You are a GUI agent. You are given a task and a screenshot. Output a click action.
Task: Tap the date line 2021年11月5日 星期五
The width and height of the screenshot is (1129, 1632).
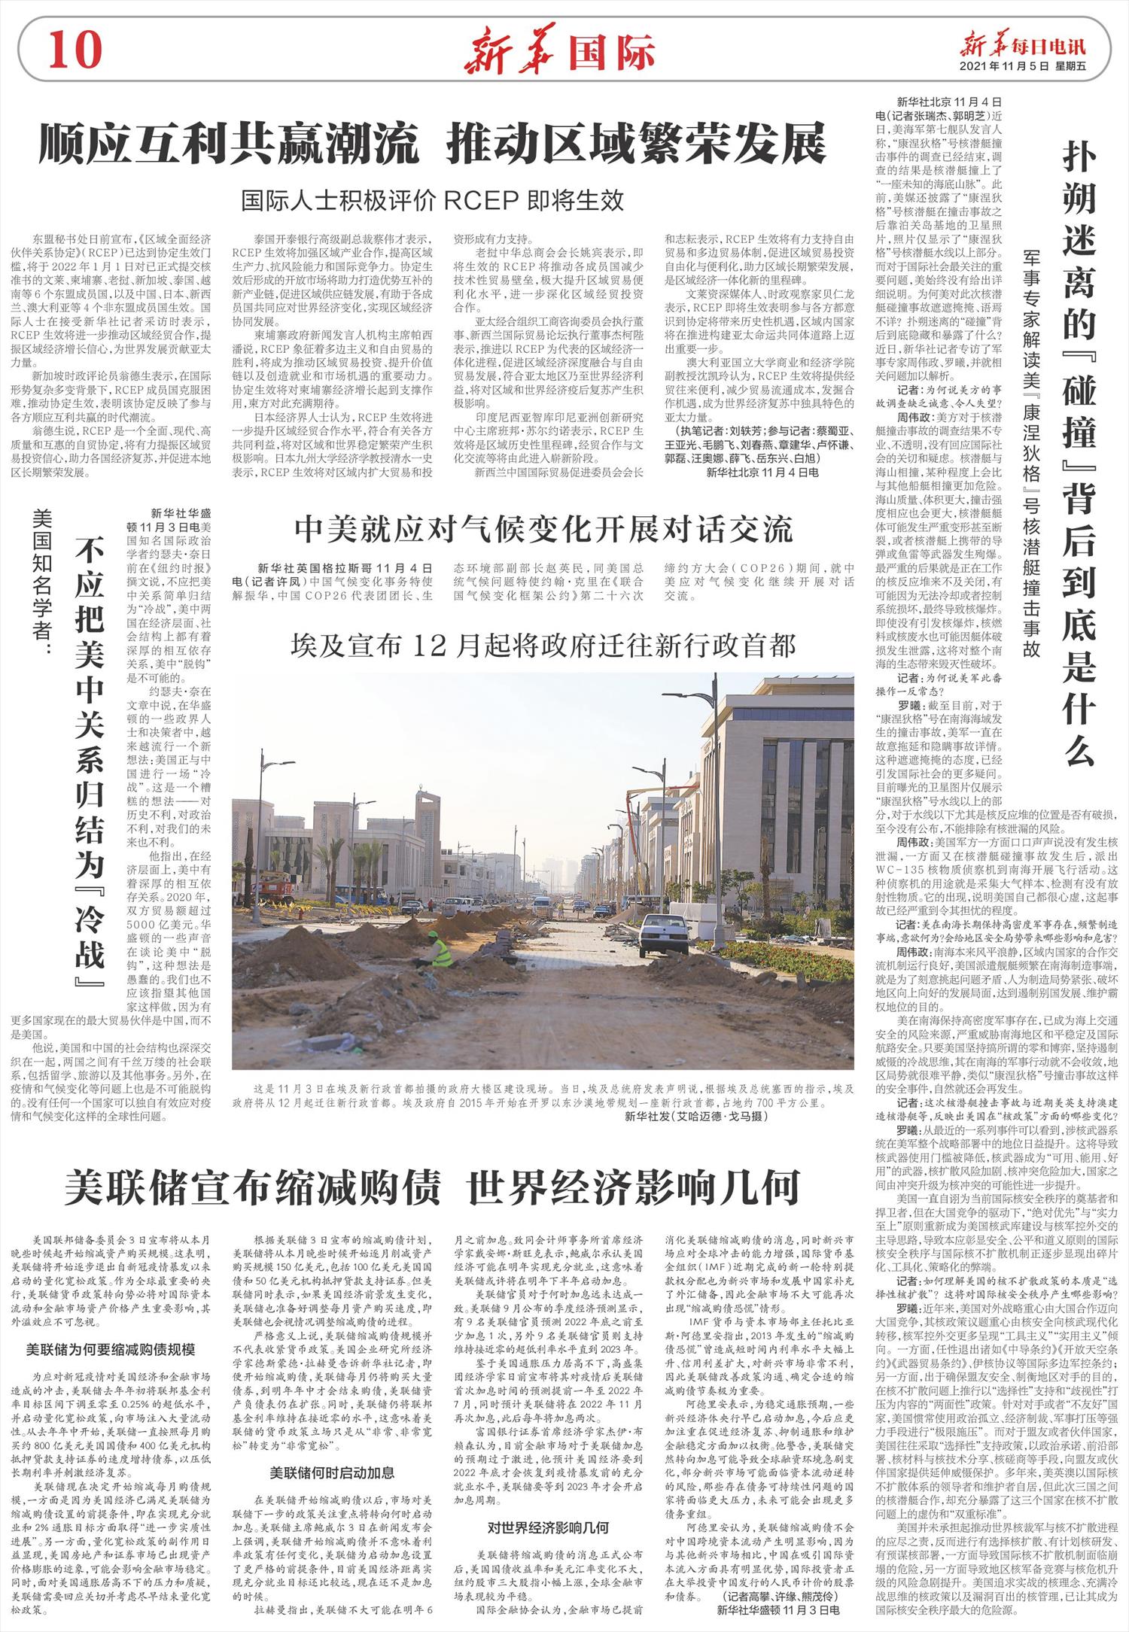[x=1023, y=66]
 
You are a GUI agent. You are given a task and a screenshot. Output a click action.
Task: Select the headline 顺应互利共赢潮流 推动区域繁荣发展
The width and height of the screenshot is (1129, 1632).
[x=433, y=144]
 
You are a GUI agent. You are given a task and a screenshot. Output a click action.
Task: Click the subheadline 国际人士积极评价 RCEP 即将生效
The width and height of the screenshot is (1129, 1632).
[x=432, y=200]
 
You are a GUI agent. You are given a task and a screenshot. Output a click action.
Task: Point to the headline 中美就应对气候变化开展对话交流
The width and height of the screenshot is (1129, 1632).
[x=543, y=530]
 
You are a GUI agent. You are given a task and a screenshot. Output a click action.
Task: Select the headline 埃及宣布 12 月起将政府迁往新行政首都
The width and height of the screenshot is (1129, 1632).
[x=543, y=645]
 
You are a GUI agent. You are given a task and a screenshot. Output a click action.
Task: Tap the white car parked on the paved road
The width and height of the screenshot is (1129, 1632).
[x=664, y=933]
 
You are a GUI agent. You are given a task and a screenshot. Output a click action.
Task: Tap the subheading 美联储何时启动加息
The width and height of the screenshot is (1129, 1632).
[x=332, y=1472]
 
